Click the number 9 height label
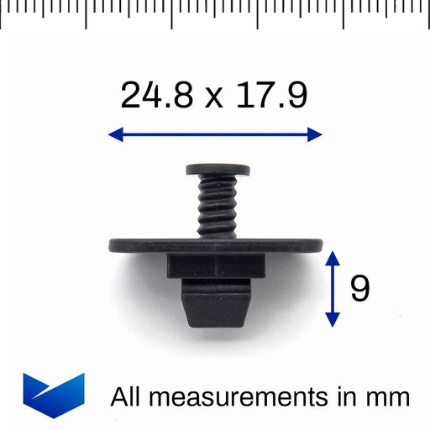tap(360, 289)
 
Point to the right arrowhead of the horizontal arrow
tap(316, 134)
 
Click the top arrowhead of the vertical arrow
tap(333, 255)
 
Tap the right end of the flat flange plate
tap(316, 246)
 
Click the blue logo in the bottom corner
tap(54, 395)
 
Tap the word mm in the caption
tap(386, 396)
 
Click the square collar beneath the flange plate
tap(216, 268)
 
